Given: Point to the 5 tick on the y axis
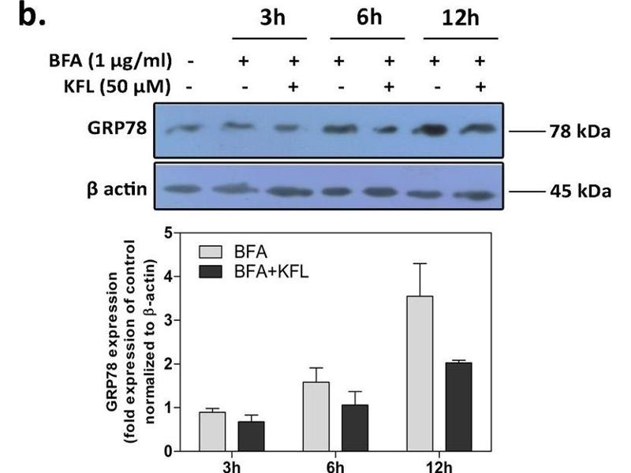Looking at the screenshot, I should [169, 233].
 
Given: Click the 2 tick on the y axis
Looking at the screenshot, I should [169, 364].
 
